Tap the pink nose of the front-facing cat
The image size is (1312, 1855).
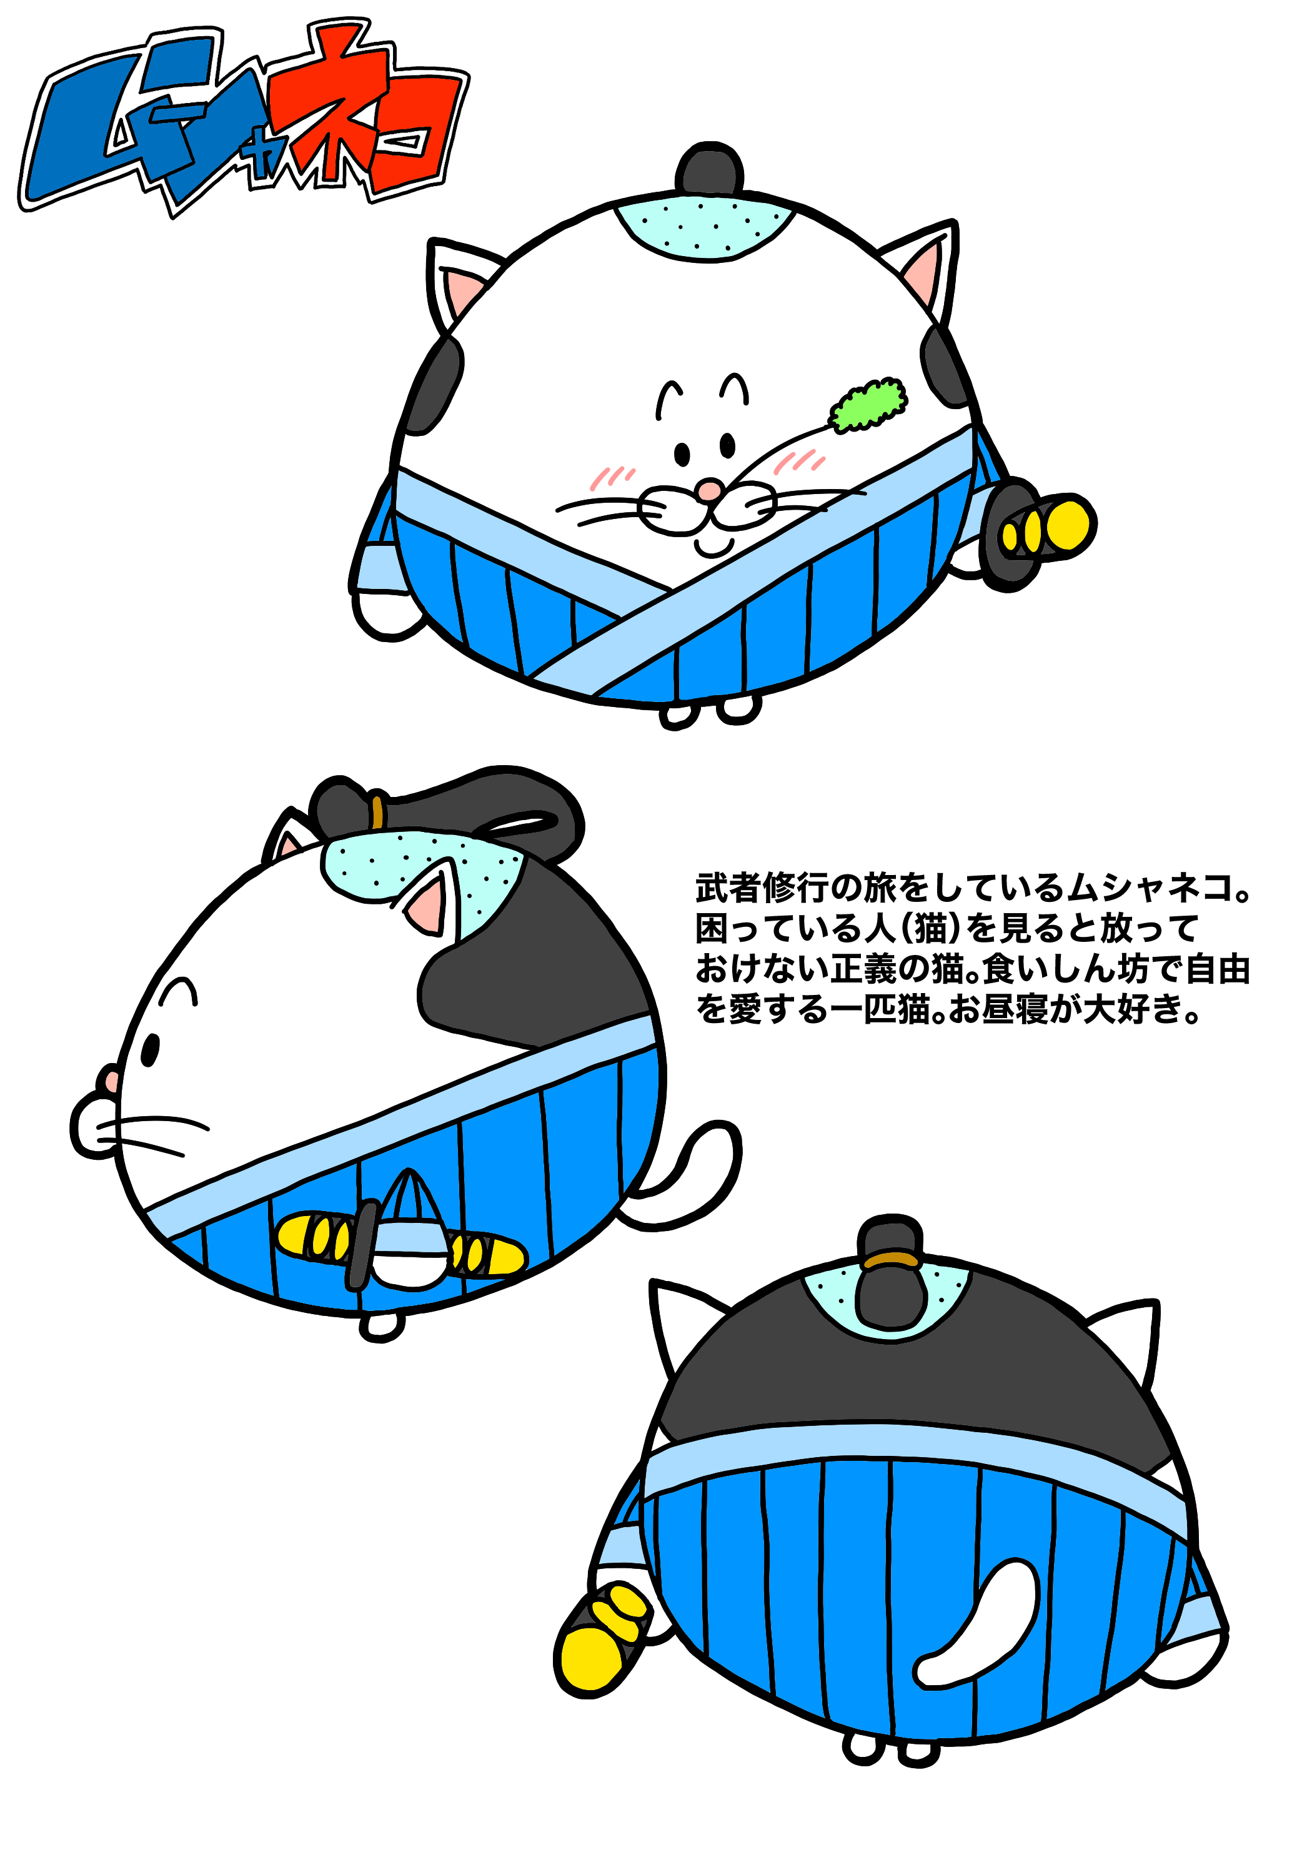tap(709, 490)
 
